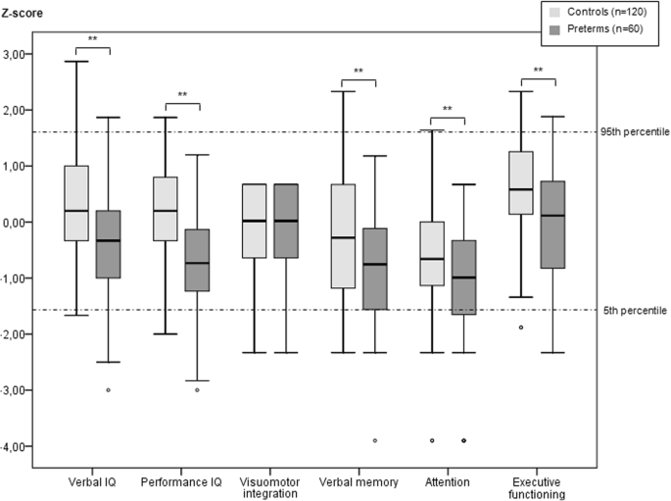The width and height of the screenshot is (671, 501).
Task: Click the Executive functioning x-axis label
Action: pos(537,489)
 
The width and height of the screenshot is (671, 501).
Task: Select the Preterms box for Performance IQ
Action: pos(199,260)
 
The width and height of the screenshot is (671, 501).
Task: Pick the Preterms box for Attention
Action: pos(463,277)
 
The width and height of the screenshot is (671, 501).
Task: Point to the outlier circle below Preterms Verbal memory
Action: pos(375,441)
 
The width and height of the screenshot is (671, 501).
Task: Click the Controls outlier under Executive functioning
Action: pos(521,327)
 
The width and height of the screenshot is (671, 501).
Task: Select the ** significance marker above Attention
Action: pos(447,109)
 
